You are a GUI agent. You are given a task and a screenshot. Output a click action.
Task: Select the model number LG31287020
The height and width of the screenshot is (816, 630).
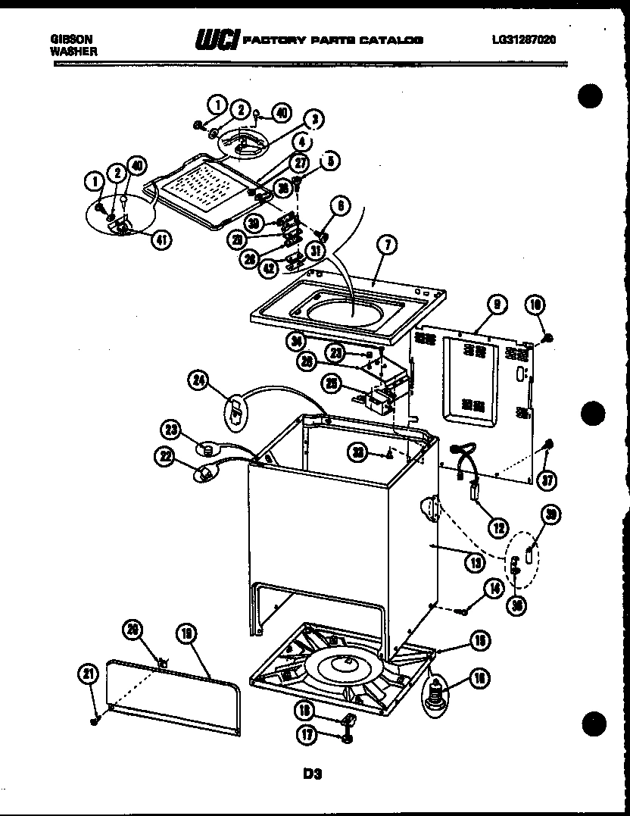click(523, 41)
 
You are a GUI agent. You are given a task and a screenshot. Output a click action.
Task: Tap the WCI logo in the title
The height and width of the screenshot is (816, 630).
click(218, 40)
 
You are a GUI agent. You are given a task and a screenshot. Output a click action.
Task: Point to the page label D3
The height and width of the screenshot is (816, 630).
click(313, 774)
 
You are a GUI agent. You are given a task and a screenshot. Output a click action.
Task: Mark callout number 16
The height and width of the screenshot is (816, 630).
click(479, 678)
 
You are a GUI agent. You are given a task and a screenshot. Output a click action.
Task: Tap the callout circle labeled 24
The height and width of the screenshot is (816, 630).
click(199, 383)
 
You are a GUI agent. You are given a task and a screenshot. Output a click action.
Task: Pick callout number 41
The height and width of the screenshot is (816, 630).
click(161, 239)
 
